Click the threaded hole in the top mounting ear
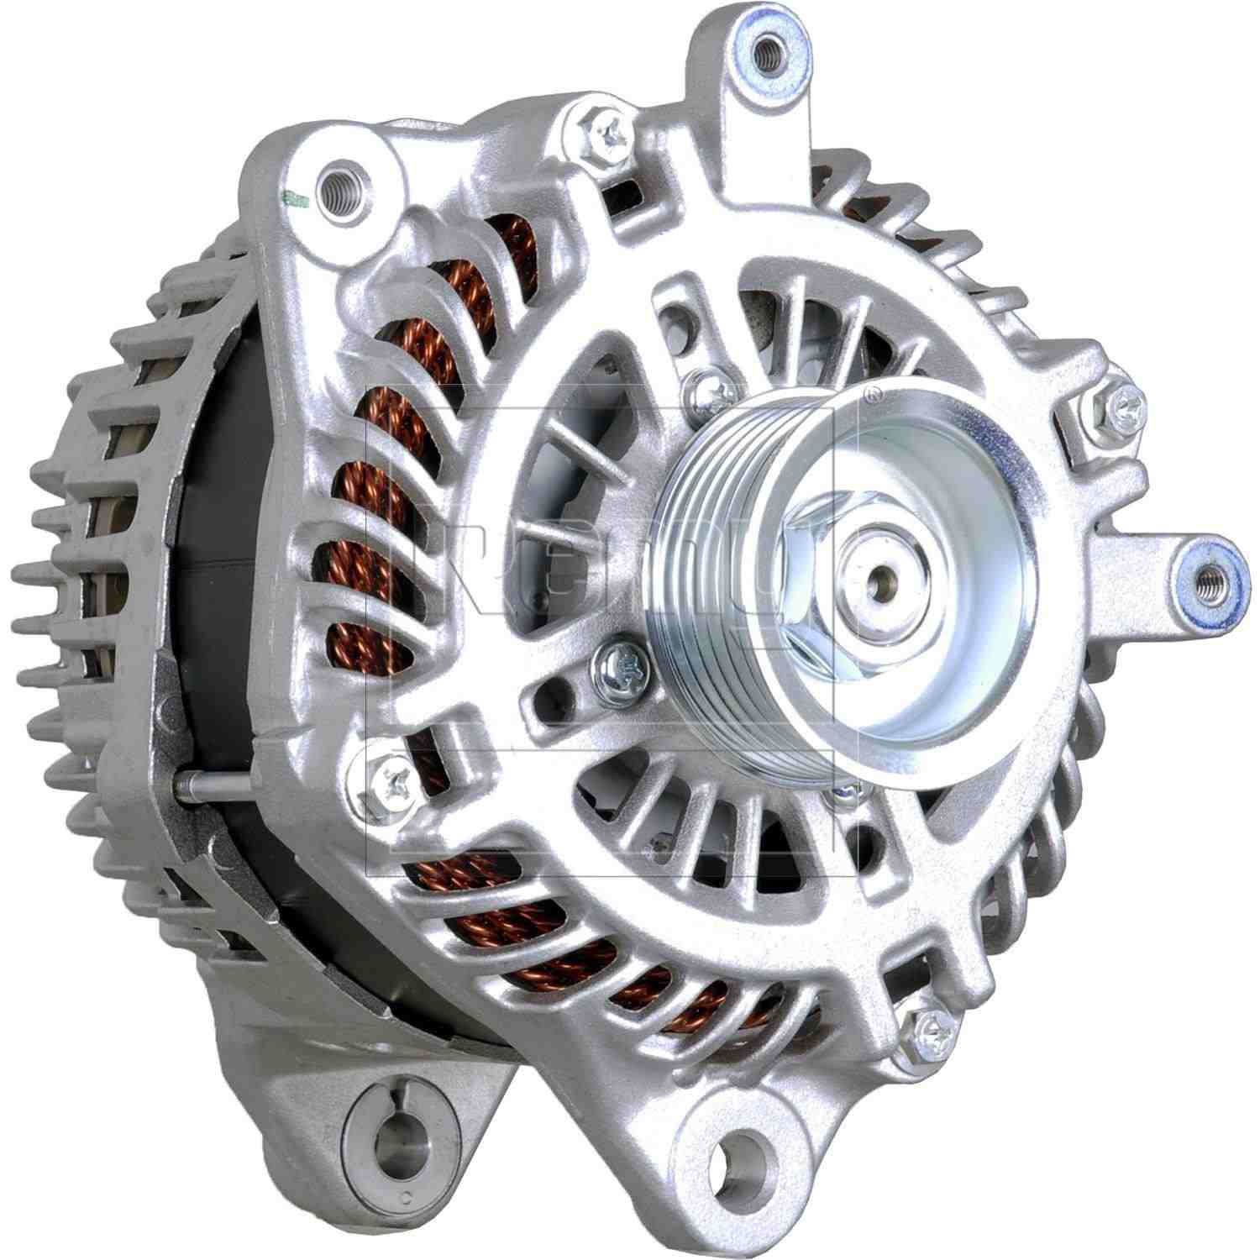(x=765, y=54)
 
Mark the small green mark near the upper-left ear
(x=291, y=200)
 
